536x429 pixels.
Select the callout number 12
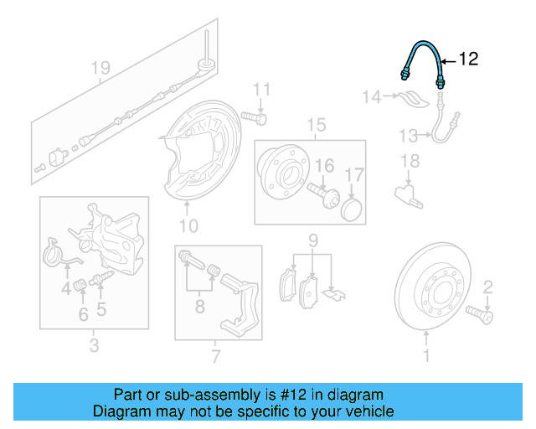pos(468,59)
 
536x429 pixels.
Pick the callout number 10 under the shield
pos(188,225)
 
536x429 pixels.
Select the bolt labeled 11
pos(253,117)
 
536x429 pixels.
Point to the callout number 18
pos(409,161)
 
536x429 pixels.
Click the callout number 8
pos(199,308)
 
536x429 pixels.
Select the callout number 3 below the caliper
pos(94,345)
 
